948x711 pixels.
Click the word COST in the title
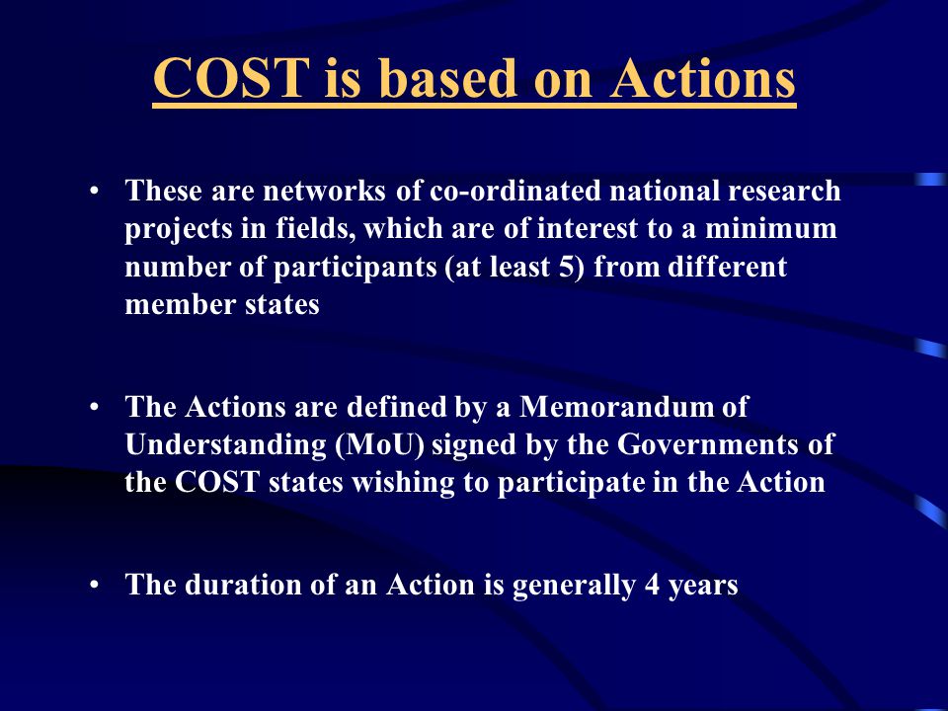231,78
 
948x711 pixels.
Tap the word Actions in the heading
702,78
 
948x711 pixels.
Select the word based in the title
448,78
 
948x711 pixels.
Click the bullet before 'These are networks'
94,191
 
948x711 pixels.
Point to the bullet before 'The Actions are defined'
94,408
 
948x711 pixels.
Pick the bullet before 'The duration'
94,586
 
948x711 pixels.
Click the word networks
324,191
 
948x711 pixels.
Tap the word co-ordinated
515,191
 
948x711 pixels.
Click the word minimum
771,228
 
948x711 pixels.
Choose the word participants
355,268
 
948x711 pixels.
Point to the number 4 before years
652,585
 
